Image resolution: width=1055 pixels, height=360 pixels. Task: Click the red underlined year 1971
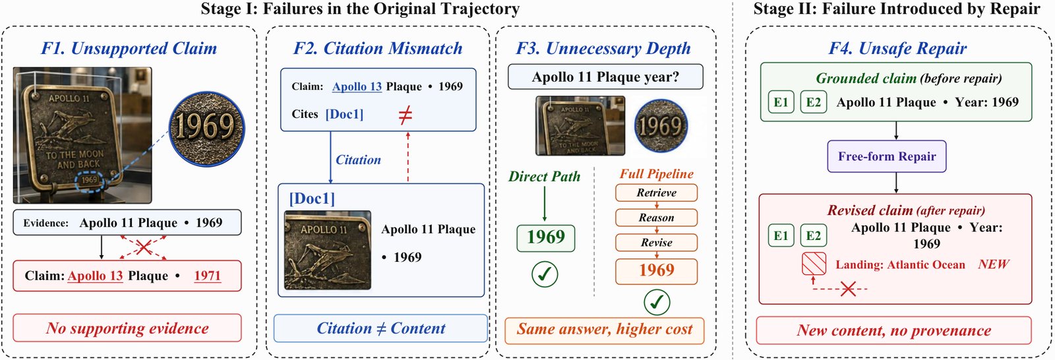click(x=207, y=276)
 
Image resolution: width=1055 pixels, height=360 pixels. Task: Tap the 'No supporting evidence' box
click(x=127, y=328)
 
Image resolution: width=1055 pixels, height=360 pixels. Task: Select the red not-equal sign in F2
click(x=405, y=115)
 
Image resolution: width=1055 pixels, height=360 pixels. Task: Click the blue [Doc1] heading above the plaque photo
click(x=312, y=198)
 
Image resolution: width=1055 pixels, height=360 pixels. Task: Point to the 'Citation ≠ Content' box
click(x=380, y=328)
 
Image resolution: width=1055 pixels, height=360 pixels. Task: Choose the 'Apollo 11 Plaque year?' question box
click(x=605, y=76)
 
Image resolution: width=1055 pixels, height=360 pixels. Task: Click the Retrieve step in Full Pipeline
click(x=657, y=193)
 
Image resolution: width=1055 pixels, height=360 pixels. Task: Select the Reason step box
click(x=657, y=218)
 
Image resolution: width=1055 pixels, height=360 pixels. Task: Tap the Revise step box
click(x=657, y=243)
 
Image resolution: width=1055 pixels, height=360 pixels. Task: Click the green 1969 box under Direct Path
click(x=545, y=238)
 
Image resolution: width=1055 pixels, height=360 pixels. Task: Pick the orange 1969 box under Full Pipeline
click(x=657, y=271)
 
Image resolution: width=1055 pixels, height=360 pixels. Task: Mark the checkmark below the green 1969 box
click(x=545, y=274)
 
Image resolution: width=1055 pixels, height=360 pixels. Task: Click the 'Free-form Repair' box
click(x=887, y=156)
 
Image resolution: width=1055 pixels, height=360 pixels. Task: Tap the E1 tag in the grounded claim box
click(x=781, y=102)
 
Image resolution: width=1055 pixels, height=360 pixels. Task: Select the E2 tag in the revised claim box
click(x=814, y=235)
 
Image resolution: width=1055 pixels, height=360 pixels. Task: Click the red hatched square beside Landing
click(x=814, y=264)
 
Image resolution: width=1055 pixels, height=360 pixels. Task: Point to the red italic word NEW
click(x=993, y=264)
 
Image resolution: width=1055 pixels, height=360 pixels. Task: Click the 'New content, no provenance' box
click(x=894, y=330)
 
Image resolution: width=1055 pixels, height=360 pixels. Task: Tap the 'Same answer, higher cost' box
click(x=605, y=330)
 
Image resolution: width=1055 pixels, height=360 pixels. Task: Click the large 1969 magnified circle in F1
click(x=207, y=129)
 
